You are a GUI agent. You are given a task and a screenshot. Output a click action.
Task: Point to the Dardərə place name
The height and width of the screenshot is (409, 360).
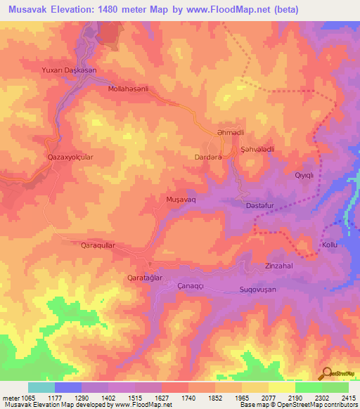pyautogui.click(x=208, y=158)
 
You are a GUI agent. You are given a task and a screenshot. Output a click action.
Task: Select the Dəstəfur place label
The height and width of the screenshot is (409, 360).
pyautogui.click(x=258, y=205)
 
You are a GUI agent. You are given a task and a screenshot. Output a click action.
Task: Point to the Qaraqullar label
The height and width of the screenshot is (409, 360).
pyautogui.click(x=88, y=245)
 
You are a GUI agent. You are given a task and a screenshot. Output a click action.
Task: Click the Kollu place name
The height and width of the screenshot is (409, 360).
pyautogui.click(x=330, y=245)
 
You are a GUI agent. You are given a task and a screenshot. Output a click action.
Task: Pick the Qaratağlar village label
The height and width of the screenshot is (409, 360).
pyautogui.click(x=144, y=278)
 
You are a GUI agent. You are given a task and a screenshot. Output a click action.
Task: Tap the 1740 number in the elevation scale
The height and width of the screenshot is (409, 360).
pyautogui.click(x=188, y=398)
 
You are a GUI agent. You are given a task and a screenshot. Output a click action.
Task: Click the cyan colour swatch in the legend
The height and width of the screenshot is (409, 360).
pyautogui.click(x=41, y=387)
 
